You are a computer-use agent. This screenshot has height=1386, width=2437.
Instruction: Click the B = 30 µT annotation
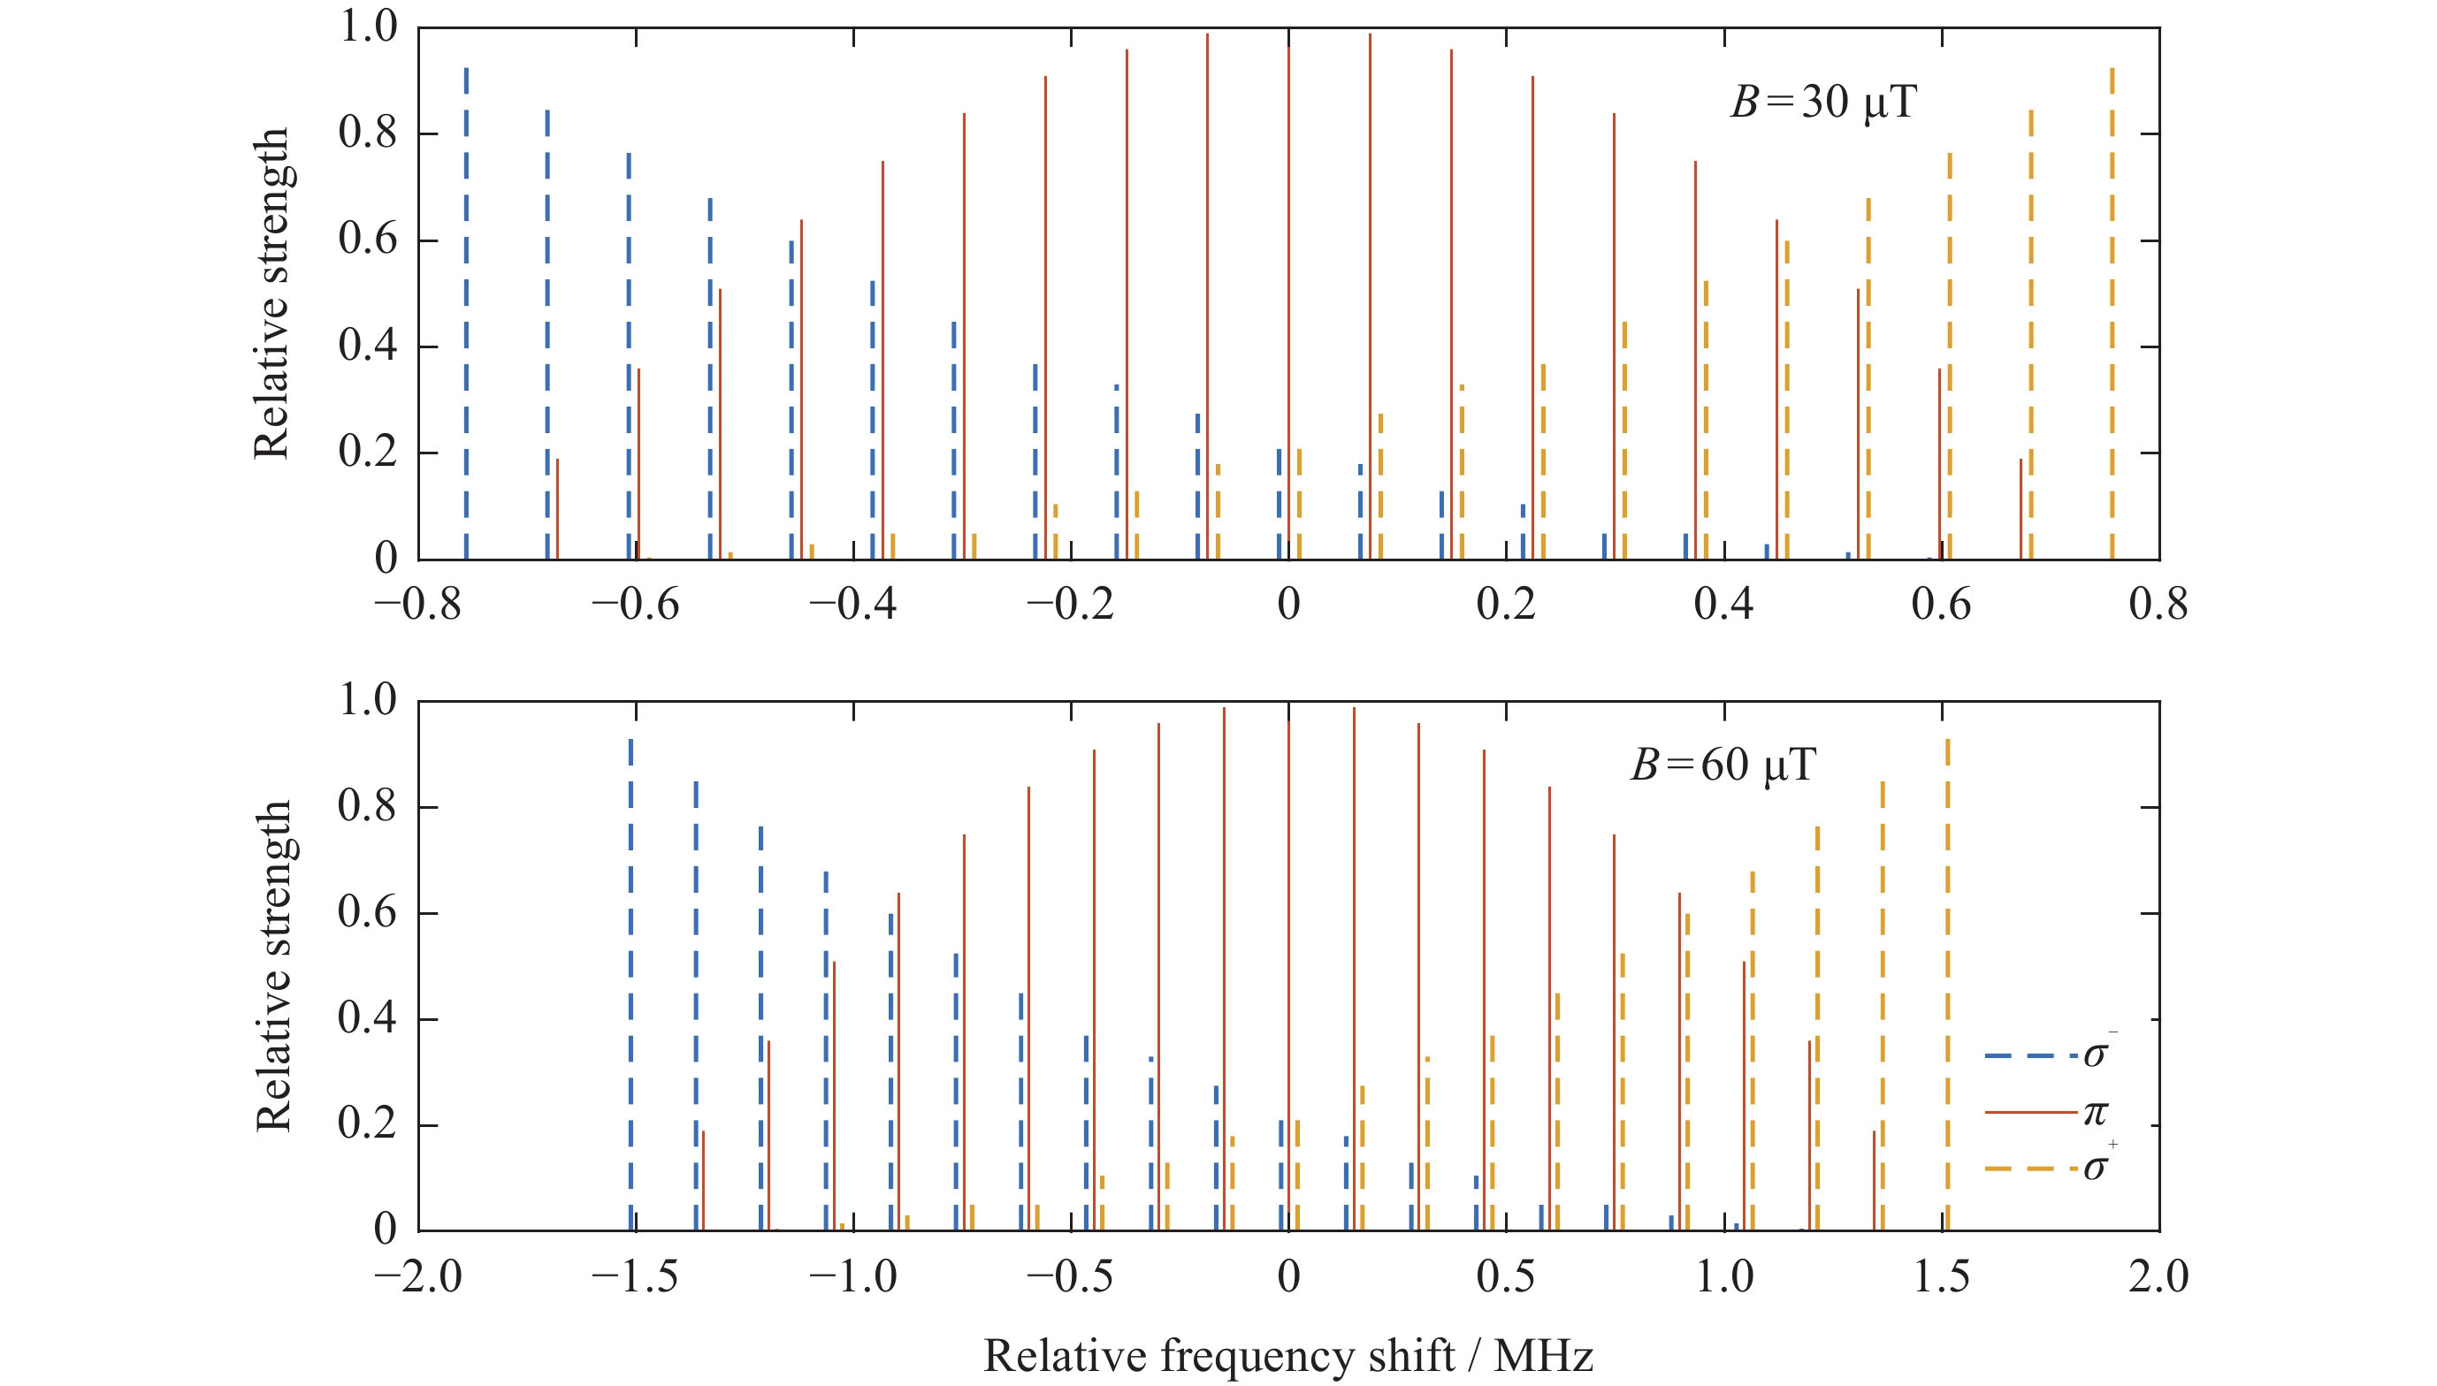point(1822,103)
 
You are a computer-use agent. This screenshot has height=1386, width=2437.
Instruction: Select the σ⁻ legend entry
point(2047,1055)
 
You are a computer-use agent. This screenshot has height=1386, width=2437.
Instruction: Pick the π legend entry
point(2047,1112)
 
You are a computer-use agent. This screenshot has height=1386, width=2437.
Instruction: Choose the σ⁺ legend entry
point(2047,1168)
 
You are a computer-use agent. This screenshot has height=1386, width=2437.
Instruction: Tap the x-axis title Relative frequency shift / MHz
point(1288,1356)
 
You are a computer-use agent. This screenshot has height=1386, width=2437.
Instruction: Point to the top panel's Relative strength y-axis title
point(271,293)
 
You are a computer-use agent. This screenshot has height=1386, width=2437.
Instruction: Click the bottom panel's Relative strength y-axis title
point(273,965)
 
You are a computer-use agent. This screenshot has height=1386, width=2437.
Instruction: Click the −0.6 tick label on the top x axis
point(635,605)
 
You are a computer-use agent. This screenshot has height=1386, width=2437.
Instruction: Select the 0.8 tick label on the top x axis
point(2158,605)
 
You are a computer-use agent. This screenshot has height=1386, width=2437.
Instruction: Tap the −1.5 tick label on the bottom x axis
point(635,1276)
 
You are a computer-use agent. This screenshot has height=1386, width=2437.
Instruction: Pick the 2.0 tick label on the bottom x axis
point(2158,1276)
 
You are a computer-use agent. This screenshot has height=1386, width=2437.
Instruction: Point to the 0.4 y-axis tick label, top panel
point(368,346)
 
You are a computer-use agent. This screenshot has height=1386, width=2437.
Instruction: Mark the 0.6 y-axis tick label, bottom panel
point(368,914)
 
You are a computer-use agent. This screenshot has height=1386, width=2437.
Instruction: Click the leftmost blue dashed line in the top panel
point(467,314)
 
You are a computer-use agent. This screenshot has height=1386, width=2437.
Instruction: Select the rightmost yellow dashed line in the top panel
point(2112,314)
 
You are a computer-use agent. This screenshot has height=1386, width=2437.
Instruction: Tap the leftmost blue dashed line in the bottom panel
point(631,986)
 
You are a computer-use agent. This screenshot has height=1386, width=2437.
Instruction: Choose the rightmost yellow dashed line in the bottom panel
point(1948,986)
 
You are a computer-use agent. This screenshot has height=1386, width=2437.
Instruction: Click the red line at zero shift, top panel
point(1289,305)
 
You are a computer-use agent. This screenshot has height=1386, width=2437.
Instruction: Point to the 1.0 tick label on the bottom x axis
point(1724,1276)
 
